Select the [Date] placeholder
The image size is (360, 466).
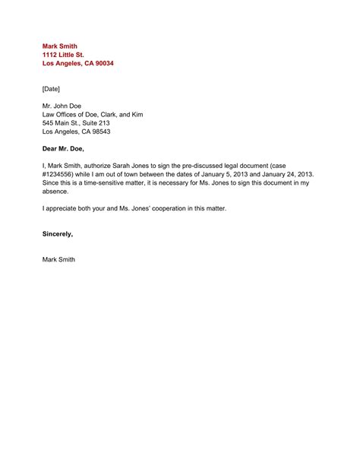[x=53, y=89]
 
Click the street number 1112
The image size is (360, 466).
[x=51, y=55]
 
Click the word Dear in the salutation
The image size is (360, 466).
[x=51, y=149]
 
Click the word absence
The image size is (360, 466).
[x=56, y=191]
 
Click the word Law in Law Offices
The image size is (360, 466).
[x=49, y=115]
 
